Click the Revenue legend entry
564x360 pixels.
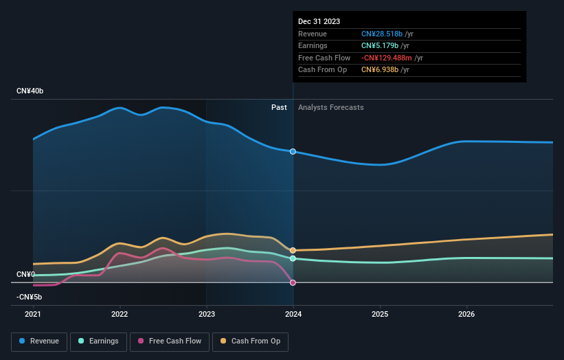(x=39, y=341)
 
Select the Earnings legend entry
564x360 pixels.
(x=98, y=341)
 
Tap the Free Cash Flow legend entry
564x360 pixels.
(x=169, y=341)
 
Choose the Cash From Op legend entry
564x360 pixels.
(x=251, y=341)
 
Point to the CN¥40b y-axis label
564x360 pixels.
(x=30, y=91)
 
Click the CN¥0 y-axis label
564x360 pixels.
(x=25, y=274)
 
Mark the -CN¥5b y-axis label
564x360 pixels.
(x=30, y=297)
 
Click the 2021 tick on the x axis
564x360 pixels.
(x=33, y=315)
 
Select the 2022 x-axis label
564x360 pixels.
(x=120, y=315)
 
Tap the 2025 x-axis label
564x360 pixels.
(x=380, y=315)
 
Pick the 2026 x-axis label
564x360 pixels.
(x=466, y=315)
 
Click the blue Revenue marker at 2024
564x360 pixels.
(x=293, y=151)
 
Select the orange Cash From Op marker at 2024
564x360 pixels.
(x=293, y=250)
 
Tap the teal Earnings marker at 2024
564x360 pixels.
(x=293, y=258)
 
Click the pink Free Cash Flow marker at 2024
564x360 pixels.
(x=293, y=282)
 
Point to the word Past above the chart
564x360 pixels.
(x=279, y=107)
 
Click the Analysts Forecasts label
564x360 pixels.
(x=330, y=107)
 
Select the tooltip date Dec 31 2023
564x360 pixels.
(x=319, y=22)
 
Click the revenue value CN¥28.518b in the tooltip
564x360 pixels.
(x=381, y=34)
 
